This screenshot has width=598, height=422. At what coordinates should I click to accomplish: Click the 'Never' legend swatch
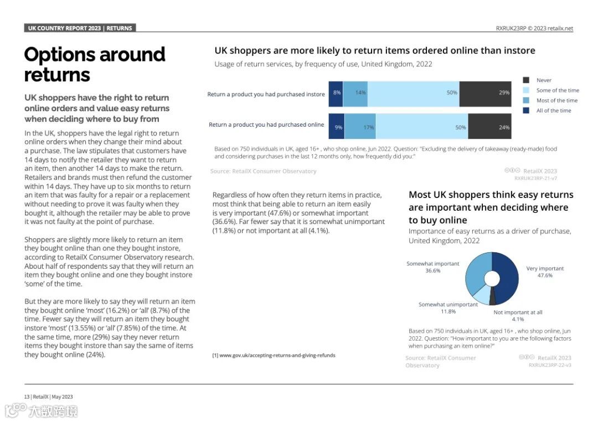tap(526, 80)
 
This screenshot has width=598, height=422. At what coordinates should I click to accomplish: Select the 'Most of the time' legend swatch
tap(526, 101)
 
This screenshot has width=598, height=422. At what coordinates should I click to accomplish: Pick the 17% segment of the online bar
tap(360, 126)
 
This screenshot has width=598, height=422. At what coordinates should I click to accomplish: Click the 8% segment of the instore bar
tap(336, 93)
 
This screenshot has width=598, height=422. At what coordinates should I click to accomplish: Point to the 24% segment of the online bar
tap(489, 126)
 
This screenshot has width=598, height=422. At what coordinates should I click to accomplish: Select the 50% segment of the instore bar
tap(413, 93)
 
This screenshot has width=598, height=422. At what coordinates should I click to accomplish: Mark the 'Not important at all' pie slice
tap(492, 298)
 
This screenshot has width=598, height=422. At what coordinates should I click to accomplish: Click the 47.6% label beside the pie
tap(545, 275)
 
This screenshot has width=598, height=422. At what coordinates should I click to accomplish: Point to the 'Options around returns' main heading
tap(95, 64)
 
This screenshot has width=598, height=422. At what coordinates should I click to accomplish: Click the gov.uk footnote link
tap(274, 355)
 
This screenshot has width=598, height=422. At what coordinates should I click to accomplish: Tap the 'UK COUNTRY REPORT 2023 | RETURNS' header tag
tap(80, 28)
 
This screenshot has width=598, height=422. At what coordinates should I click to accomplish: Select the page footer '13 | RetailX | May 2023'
tap(48, 397)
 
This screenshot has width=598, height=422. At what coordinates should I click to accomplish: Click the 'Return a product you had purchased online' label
tap(266, 125)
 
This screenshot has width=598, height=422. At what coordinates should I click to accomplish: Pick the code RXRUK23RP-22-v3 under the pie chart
tap(550, 365)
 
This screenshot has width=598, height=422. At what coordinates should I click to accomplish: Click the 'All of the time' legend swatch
tap(526, 111)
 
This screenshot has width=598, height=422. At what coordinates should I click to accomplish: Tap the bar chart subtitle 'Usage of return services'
tap(323, 64)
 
